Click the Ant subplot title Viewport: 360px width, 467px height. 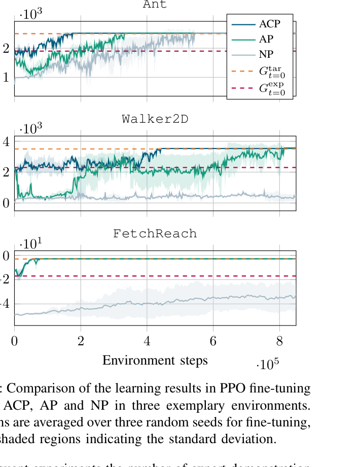pyautogui.click(x=155, y=5)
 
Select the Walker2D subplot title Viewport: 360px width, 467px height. pyautogui.click(x=155, y=120)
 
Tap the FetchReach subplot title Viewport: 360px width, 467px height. pyautogui.click(x=155, y=234)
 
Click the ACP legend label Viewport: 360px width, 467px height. pyautogui.click(x=269, y=24)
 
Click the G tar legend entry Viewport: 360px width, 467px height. pyautogui.click(x=271, y=71)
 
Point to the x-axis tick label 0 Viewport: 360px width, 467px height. pyautogui.click(x=15, y=340)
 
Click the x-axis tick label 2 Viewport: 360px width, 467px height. pyautogui.click(x=81, y=340)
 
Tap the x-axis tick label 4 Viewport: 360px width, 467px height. pyautogui.click(x=147, y=340)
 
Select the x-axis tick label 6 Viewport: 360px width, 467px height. pyautogui.click(x=213, y=340)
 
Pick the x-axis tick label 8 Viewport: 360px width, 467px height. pyautogui.click(x=279, y=340)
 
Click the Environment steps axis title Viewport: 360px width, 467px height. pyautogui.click(x=155, y=361)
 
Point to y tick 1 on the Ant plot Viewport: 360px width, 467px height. pyautogui.click(x=6, y=78)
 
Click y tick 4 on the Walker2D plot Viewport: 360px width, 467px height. pyautogui.click(x=6, y=141)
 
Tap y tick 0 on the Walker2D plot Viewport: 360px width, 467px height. pyautogui.click(x=6, y=203)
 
